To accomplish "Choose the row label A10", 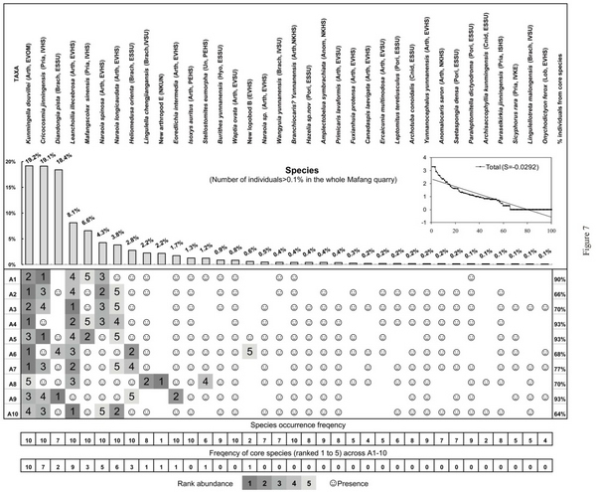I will tap(12, 412).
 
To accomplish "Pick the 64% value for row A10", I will tap(563, 412).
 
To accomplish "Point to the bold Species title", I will tap(300, 170).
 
